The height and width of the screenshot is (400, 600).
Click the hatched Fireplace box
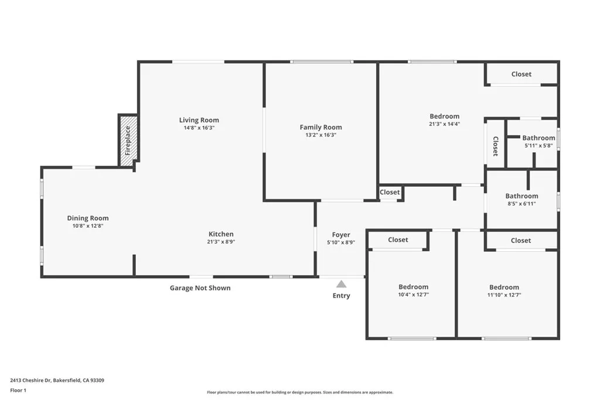(128, 141)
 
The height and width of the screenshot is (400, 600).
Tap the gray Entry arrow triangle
(342, 283)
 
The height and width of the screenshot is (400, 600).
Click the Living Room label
(199, 120)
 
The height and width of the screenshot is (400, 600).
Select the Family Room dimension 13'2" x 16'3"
(321, 135)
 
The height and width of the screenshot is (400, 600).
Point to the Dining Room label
(88, 218)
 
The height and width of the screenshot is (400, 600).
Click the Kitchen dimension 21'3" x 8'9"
(221, 242)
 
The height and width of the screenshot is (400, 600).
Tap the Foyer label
(341, 235)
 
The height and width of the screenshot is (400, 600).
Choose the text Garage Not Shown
(200, 288)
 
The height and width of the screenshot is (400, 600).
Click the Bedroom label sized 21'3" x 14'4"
(444, 117)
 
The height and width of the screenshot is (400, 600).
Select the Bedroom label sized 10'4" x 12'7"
(413, 287)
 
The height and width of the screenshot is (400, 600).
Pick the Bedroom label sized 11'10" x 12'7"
(504, 287)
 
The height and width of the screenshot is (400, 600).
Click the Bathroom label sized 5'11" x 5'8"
(539, 138)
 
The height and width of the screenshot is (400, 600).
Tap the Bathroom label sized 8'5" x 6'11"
(521, 196)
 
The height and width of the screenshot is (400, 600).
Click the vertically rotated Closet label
(495, 146)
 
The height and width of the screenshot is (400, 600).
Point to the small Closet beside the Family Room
(390, 192)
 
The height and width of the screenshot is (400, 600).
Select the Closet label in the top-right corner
(521, 74)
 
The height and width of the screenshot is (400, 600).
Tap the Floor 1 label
(18, 391)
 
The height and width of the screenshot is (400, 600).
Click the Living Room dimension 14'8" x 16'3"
(199, 128)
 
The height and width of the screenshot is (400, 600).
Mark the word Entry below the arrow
(342, 296)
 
